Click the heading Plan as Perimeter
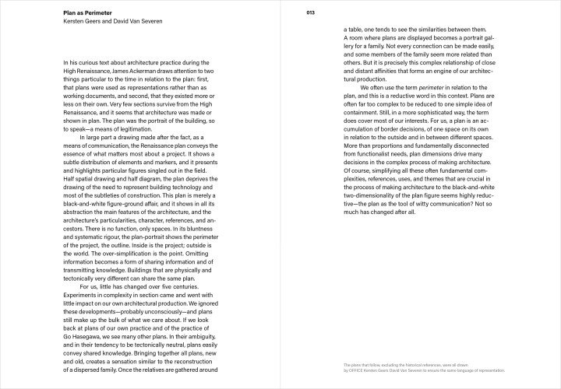pos(90,12)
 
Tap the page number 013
pos(311,12)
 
